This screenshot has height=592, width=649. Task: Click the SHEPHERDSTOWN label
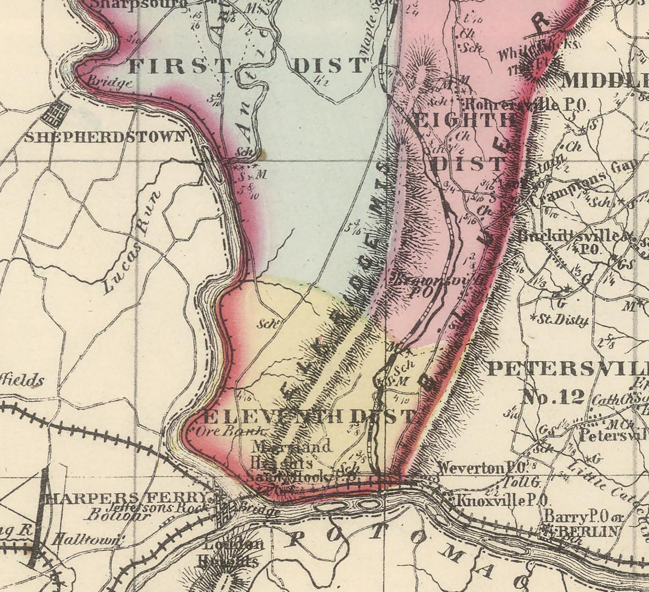105,137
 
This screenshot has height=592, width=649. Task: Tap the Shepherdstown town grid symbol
57,113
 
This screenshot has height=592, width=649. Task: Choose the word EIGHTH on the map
463,122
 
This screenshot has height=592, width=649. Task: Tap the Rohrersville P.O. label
527,104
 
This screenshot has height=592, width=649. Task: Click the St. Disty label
561,320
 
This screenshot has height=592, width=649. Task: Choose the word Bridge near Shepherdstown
110,83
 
